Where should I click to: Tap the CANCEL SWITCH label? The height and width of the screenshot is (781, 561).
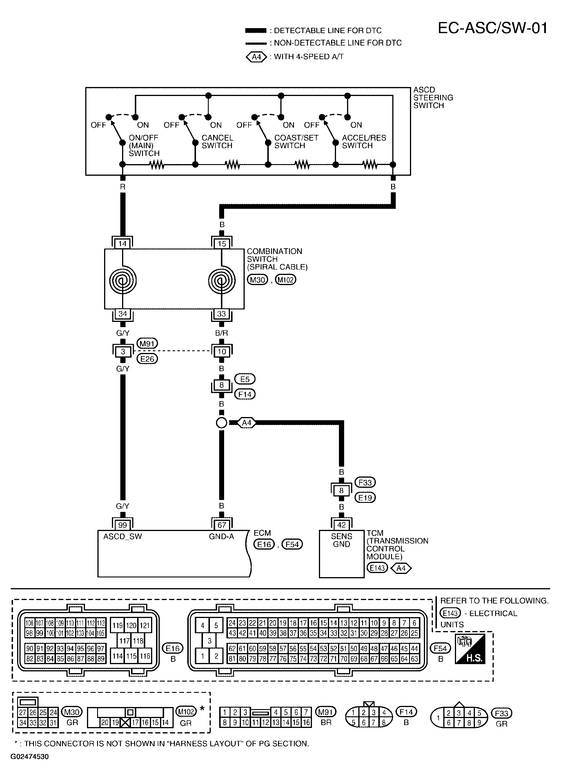click(x=217, y=142)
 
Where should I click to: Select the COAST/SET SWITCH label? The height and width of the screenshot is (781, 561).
click(x=296, y=142)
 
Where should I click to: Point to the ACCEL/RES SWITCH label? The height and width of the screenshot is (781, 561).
click(x=364, y=142)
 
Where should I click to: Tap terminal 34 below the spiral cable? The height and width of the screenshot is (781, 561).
click(x=123, y=314)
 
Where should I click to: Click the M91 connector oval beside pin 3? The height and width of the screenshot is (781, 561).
click(x=147, y=343)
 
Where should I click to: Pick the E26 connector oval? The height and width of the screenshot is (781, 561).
click(x=147, y=359)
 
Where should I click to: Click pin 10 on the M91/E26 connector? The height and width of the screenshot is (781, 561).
click(x=222, y=351)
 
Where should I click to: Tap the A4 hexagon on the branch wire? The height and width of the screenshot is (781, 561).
click(x=247, y=423)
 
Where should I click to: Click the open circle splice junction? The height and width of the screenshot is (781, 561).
click(x=222, y=423)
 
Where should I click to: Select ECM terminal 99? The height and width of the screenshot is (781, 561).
click(x=123, y=525)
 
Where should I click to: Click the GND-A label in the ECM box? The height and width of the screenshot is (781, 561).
click(x=221, y=537)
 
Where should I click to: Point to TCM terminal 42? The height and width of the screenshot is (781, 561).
click(x=342, y=525)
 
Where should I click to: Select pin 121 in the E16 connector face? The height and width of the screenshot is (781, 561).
click(x=145, y=625)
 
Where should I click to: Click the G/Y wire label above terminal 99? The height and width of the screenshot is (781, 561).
click(x=123, y=506)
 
